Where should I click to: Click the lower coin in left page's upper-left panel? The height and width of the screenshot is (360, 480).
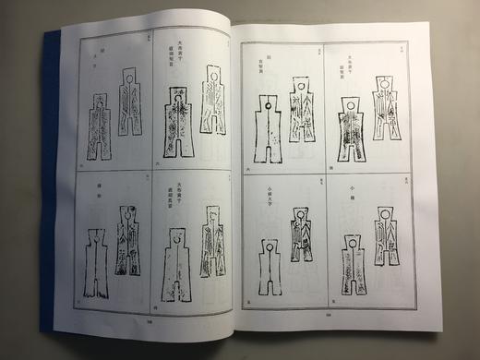[x=100, y=130]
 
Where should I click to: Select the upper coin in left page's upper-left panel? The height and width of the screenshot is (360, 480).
[x=129, y=99]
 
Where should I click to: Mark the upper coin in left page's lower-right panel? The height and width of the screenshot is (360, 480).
[x=214, y=237]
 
